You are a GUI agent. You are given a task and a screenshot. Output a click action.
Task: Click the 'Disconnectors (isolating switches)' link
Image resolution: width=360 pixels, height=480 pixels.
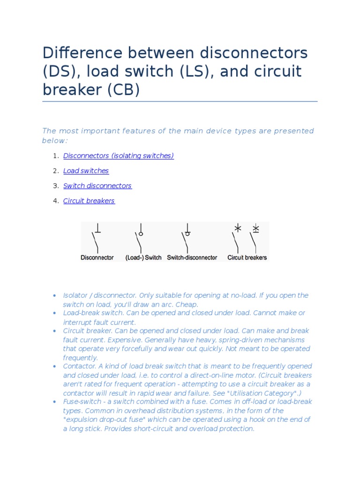click(119, 156)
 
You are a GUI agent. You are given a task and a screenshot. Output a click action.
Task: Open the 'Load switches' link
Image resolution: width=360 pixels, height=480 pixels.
click(86, 171)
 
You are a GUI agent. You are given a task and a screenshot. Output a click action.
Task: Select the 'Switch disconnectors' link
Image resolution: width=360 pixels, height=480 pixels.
click(97, 186)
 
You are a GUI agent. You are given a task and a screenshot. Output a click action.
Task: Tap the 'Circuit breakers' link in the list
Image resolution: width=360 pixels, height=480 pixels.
click(89, 201)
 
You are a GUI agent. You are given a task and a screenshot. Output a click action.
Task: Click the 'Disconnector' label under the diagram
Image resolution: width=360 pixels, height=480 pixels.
click(97, 257)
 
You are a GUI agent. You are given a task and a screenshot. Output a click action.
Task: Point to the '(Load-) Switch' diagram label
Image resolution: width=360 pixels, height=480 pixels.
click(143, 257)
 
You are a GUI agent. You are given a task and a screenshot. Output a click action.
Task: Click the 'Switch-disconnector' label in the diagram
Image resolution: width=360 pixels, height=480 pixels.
click(192, 257)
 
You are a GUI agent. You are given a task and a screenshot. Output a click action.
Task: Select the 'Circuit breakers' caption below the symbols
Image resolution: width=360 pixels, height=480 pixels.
click(247, 257)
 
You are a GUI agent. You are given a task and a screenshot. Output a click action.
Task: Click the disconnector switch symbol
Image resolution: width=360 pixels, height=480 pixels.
click(97, 239)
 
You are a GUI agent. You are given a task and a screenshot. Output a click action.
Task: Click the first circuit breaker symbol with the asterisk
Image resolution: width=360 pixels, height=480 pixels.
click(237, 239)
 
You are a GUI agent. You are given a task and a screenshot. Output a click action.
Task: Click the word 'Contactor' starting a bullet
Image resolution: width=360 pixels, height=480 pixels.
click(79, 366)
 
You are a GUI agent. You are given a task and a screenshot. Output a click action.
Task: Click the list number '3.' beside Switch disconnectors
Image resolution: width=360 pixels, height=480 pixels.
click(56, 186)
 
